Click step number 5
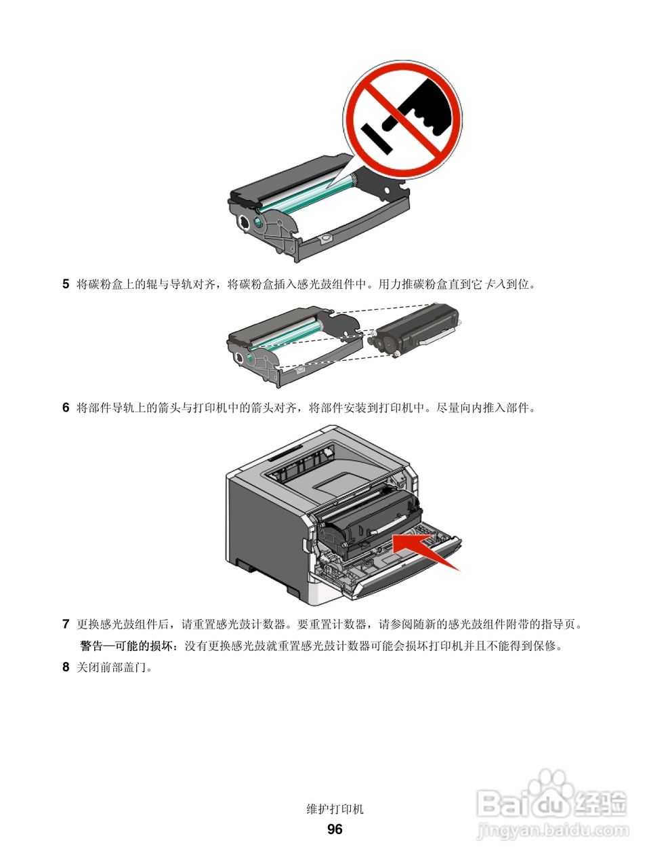click(x=66, y=284)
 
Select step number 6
click(x=66, y=408)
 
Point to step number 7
click(x=66, y=624)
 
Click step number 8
click(x=66, y=667)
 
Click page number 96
click(x=335, y=829)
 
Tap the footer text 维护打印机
click(x=335, y=809)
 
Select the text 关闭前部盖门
click(x=114, y=668)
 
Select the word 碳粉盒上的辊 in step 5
click(x=108, y=285)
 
